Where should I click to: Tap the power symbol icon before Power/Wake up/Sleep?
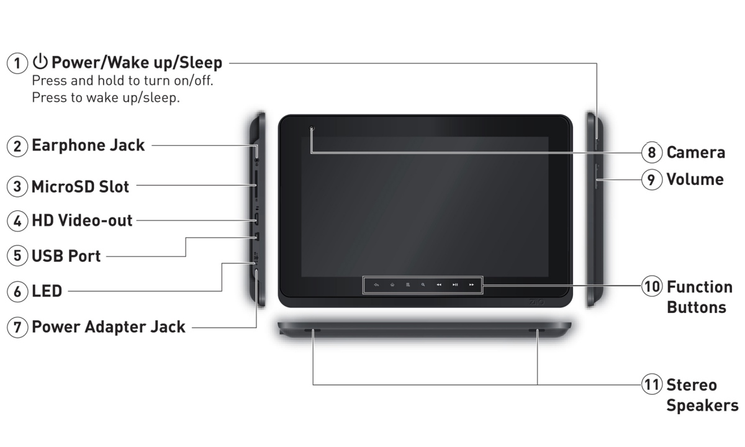(x=41, y=61)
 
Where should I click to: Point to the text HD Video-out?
(x=82, y=220)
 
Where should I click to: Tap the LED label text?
(x=47, y=291)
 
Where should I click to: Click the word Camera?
(x=695, y=152)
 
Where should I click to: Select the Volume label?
(x=695, y=179)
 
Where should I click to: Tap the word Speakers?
(x=702, y=405)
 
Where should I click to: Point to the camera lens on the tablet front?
(x=312, y=129)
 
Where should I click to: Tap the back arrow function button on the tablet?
(x=376, y=285)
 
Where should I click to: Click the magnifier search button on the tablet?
(x=423, y=285)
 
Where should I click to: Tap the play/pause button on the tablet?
(x=455, y=285)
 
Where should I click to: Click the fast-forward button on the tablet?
(x=472, y=285)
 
